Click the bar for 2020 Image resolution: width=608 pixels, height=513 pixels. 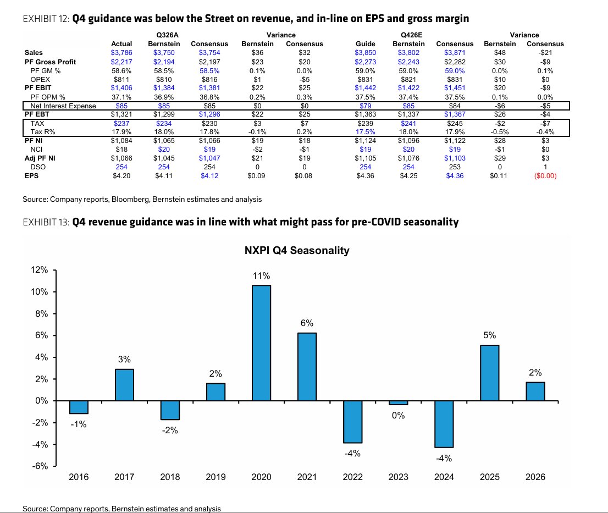coord(261,343)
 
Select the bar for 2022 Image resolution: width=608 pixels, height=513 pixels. coord(352,422)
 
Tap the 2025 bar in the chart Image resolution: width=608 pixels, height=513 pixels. coord(490,373)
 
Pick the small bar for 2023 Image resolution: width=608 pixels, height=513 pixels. coord(398,403)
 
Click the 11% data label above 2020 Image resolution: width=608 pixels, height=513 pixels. coord(261,275)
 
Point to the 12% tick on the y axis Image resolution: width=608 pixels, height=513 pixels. coord(40,270)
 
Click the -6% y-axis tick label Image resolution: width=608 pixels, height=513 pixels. coord(40,466)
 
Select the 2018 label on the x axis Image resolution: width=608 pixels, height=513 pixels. coord(170,477)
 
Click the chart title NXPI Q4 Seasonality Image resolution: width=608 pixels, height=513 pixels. coord(297,251)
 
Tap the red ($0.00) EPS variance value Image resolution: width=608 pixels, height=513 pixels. coord(545,175)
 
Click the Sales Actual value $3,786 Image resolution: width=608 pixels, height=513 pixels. coord(121,53)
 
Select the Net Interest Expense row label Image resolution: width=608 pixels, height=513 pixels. coord(63,106)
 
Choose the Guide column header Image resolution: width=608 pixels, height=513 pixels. coord(365,44)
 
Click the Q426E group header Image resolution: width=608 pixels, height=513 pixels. coord(411,35)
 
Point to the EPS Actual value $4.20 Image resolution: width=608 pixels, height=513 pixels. coord(121,175)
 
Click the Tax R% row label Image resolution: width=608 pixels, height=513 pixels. coord(43,132)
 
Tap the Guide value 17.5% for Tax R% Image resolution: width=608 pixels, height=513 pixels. coord(365,132)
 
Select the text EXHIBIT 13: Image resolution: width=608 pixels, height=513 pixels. coord(46,222)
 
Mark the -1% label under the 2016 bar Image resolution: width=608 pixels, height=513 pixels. coord(78,424)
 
